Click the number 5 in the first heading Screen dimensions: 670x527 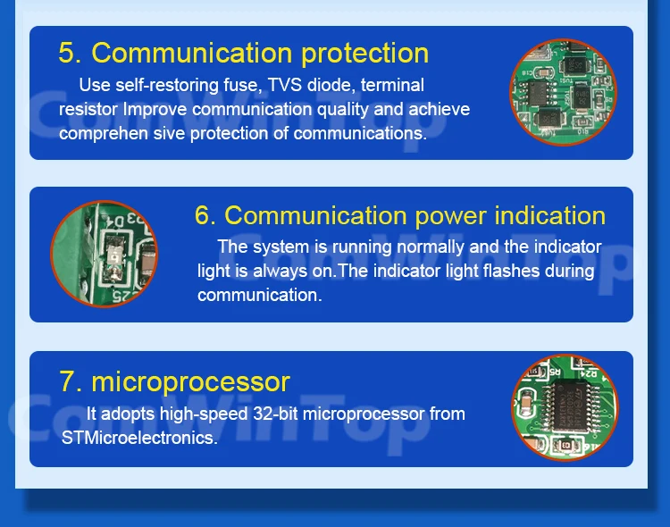pyautogui.click(x=68, y=53)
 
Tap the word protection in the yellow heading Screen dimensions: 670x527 pyautogui.click(x=364, y=54)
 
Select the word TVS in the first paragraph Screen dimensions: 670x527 pyautogui.click(x=285, y=85)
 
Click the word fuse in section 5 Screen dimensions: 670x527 pyautogui.click(x=243, y=85)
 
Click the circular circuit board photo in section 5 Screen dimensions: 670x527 pyautogui.click(x=563, y=92)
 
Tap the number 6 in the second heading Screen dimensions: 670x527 pyautogui.click(x=205, y=215)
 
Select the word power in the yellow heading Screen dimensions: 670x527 pyautogui.click(x=450, y=217)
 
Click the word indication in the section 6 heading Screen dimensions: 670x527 pyautogui.click(x=550, y=215)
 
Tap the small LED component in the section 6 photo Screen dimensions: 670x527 pyautogui.click(x=114, y=257)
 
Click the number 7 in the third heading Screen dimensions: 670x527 pyautogui.click(x=70, y=381)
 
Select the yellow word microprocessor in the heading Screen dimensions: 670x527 pyautogui.click(x=190, y=383)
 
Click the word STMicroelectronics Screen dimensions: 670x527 pyautogui.click(x=139, y=438)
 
